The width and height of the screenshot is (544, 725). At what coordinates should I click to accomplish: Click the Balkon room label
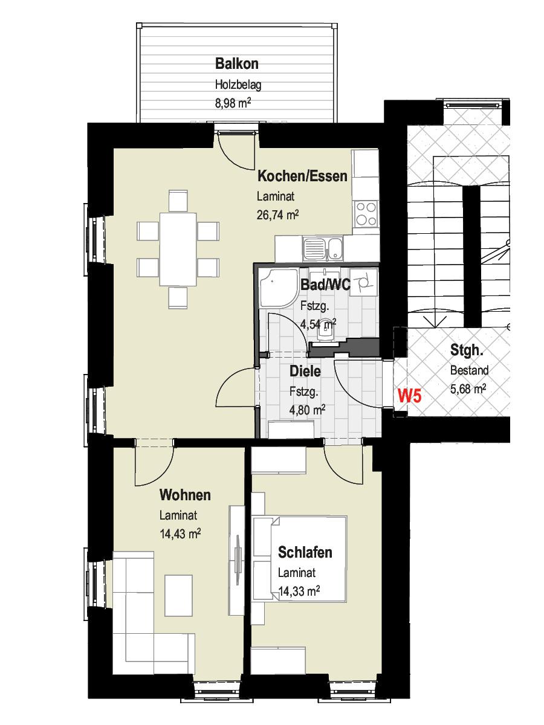click(x=236, y=64)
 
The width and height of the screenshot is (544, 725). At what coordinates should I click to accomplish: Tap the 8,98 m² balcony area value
click(x=233, y=103)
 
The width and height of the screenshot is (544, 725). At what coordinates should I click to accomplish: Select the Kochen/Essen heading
click(x=302, y=176)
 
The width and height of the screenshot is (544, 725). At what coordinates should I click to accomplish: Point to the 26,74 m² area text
click(x=278, y=215)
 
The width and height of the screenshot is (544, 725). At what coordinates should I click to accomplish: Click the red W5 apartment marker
click(x=410, y=396)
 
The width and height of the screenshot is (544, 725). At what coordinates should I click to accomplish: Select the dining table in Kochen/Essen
click(x=178, y=250)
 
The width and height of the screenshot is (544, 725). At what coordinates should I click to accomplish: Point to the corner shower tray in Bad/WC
click(x=278, y=288)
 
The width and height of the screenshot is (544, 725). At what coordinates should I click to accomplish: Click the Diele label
click(x=305, y=371)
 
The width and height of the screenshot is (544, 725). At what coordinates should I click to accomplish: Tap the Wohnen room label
click(x=185, y=495)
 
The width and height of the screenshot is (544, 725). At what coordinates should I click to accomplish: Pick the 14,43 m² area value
click(x=180, y=533)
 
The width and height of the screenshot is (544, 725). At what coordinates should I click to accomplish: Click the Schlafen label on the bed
click(x=305, y=552)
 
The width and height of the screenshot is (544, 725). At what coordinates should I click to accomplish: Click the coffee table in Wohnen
click(x=178, y=594)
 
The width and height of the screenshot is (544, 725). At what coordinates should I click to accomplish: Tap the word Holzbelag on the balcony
click(x=238, y=85)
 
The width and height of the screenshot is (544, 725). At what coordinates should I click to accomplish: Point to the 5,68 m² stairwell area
click(x=468, y=388)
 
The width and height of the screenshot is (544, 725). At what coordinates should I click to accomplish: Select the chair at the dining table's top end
click(x=178, y=201)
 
